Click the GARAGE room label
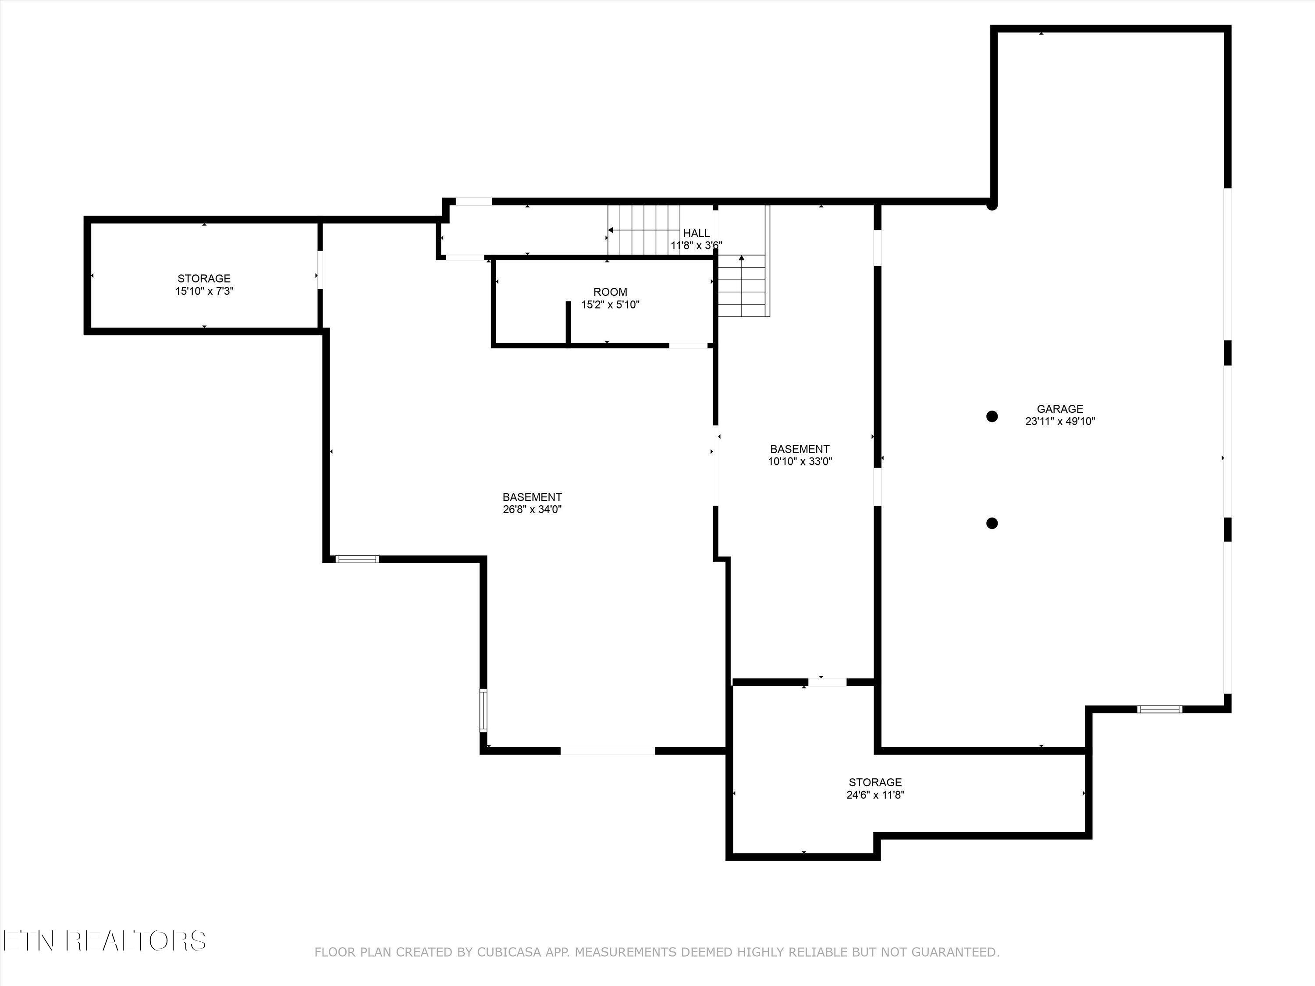tap(1060, 409)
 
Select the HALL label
tap(696, 234)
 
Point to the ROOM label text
tap(610, 292)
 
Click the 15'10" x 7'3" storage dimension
tap(204, 291)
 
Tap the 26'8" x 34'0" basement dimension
tap(532, 509)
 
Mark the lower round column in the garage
tap(992, 523)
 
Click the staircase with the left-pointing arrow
tap(644, 230)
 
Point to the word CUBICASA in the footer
tap(509, 969)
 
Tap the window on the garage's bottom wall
tap(1160, 709)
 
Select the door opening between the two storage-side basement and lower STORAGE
tap(827, 682)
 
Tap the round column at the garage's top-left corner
tap(992, 205)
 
